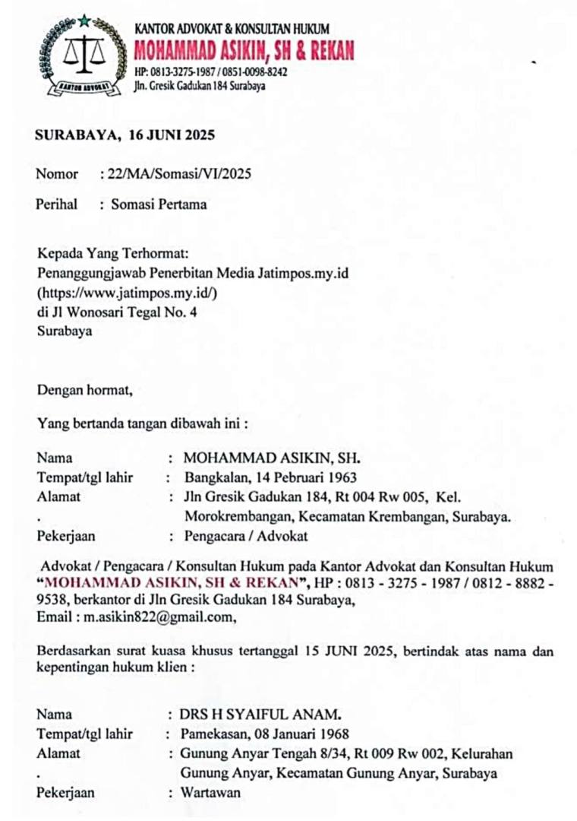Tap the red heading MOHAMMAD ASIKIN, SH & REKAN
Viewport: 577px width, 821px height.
pyautogui.click(x=243, y=51)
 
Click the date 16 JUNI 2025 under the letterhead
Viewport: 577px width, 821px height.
pyautogui.click(x=172, y=136)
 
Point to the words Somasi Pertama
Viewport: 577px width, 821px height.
pyautogui.click(x=159, y=204)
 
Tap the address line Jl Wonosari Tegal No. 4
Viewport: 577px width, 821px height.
pyautogui.click(x=117, y=311)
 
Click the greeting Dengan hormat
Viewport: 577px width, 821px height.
pyautogui.click(x=85, y=391)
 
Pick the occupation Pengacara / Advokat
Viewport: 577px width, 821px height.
pyautogui.click(x=246, y=536)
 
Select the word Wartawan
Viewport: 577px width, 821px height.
pyautogui.click(x=210, y=793)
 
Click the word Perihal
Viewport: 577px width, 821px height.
pyautogui.click(x=57, y=204)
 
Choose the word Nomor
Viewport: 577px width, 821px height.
pyautogui.click(x=57, y=173)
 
